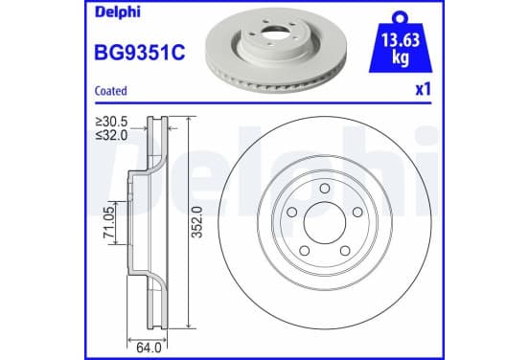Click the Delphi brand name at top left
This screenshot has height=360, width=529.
point(118,12)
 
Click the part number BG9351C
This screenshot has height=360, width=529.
point(140,53)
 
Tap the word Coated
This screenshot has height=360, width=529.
point(111,91)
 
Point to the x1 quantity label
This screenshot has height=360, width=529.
point(423,90)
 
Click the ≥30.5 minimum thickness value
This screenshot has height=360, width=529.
point(112,122)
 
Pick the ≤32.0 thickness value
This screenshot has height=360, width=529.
point(112,135)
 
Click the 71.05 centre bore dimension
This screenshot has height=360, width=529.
point(109,222)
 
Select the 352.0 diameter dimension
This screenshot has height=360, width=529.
point(196,222)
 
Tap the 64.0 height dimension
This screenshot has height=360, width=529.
point(149,348)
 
